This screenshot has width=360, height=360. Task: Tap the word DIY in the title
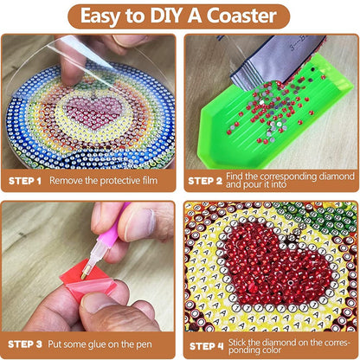167,16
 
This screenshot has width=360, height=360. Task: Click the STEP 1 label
25,181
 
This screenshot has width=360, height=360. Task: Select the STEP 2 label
205,181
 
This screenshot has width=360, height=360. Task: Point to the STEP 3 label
25,344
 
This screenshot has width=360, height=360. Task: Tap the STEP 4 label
207,346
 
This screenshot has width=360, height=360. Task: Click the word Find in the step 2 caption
232,176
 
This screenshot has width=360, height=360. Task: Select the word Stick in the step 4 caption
237,343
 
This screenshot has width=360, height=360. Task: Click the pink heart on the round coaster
94,112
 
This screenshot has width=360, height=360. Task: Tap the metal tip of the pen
85,273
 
